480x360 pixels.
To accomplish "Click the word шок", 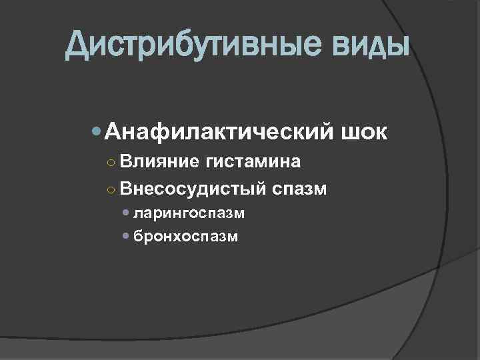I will coord(363,132).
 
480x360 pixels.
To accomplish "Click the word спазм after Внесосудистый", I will coord(299,190).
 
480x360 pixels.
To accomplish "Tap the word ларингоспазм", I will coord(189,213).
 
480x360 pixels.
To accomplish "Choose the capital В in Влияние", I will coord(126,161).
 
